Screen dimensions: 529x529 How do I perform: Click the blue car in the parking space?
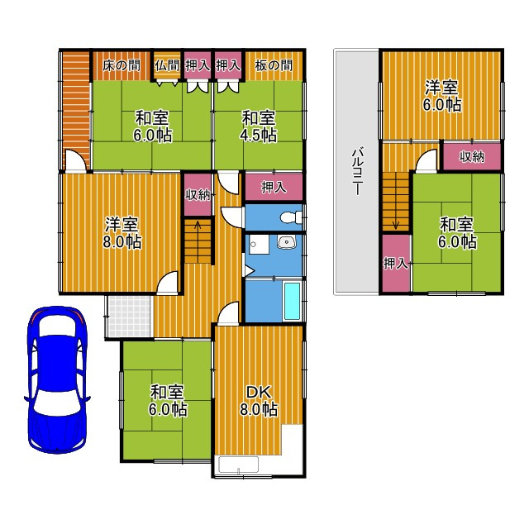click(57, 379)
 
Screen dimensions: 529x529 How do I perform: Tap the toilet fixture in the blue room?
click(290, 217)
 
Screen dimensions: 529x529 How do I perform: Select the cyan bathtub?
click(292, 301)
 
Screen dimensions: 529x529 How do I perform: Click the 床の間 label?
click(122, 65)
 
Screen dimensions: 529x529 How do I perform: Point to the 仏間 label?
click(167, 65)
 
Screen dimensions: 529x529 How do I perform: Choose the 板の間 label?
click(274, 65)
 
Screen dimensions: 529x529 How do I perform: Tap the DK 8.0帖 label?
click(259, 401)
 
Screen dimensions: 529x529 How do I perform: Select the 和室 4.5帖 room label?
click(259, 126)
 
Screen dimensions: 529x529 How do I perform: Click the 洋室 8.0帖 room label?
click(122, 233)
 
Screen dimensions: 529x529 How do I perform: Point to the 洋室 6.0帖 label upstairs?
click(441, 96)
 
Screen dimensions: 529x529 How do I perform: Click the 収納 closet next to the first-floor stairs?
click(198, 194)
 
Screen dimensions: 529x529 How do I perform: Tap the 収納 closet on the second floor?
click(472, 156)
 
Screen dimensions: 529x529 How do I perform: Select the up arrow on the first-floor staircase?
click(198, 229)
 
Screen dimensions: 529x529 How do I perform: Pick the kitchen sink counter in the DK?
click(239, 465)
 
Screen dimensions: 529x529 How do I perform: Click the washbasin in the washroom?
click(287, 242)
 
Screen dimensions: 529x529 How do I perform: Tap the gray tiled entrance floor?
click(129, 316)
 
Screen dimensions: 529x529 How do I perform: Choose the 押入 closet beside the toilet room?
click(274, 187)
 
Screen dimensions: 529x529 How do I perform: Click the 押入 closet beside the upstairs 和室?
click(396, 263)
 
